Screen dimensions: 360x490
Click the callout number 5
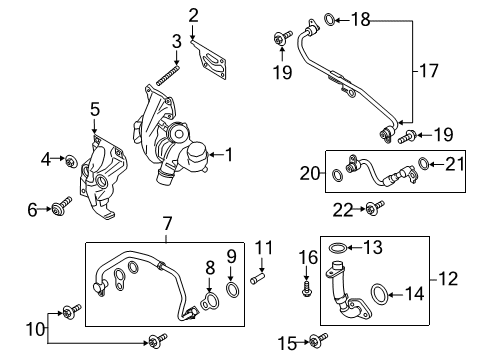(x=94, y=108)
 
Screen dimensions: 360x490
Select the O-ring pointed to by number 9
(x=232, y=292)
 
